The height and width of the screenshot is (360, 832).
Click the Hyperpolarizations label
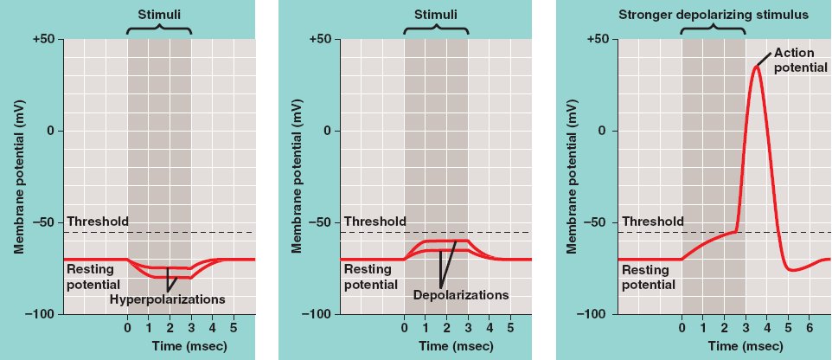coord(167,299)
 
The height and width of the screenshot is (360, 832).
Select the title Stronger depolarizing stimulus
coord(713,15)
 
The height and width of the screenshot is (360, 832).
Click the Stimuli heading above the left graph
coord(159,15)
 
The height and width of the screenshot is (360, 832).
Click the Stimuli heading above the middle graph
coord(436,15)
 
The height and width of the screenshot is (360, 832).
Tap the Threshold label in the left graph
coord(97,222)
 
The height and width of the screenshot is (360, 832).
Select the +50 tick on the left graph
coord(43,40)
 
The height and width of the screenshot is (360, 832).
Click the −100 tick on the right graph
coord(596,314)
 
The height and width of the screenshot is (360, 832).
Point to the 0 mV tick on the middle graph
coord(326,131)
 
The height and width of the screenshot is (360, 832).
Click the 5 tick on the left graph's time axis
coord(233,329)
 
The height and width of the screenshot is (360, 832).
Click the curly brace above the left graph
coord(159,31)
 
